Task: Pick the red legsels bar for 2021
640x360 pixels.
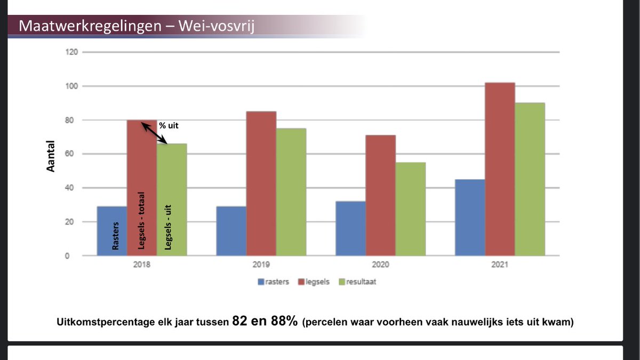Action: pyautogui.click(x=500, y=170)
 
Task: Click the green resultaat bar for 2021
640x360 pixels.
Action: pyautogui.click(x=530, y=180)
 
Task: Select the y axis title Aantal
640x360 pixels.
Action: pyautogui.click(x=51, y=156)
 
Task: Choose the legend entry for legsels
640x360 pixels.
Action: pyautogui.click(x=319, y=282)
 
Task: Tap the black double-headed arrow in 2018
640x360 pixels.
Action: pyautogui.click(x=155, y=133)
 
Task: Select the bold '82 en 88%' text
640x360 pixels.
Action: pyautogui.click(x=265, y=322)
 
